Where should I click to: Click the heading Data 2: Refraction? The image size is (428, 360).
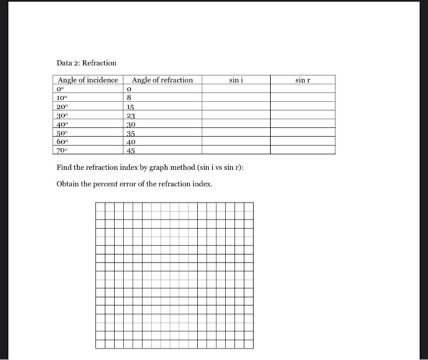[x=86, y=63]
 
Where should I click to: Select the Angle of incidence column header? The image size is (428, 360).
[x=87, y=80]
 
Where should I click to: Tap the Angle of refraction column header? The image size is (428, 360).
[x=162, y=80]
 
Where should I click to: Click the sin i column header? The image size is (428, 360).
[x=237, y=80]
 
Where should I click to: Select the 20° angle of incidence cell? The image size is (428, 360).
[x=61, y=106]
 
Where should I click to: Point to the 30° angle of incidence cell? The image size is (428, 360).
[x=61, y=114]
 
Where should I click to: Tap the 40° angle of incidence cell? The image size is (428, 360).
[x=61, y=123]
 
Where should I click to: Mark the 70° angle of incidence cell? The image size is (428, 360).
[x=61, y=149]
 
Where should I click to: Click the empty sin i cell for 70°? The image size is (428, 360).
[x=237, y=149]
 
